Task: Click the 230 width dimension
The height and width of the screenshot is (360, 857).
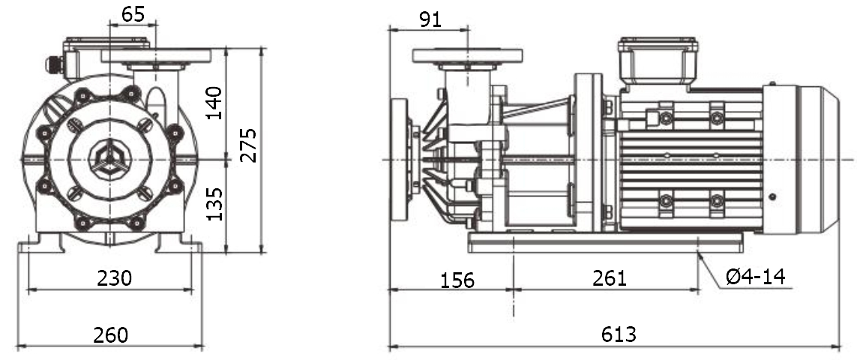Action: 115,277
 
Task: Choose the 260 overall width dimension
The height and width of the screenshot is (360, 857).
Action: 110,334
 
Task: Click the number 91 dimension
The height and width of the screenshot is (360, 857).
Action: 430,19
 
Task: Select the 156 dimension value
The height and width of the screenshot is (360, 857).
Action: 457,280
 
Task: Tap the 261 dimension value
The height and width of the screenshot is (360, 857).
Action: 609,277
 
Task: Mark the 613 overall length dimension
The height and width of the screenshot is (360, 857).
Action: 619,334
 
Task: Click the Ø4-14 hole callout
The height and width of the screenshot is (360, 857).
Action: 755,277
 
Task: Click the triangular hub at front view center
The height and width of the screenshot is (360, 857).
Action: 109,158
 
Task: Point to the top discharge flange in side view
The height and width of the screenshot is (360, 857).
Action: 467,55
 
